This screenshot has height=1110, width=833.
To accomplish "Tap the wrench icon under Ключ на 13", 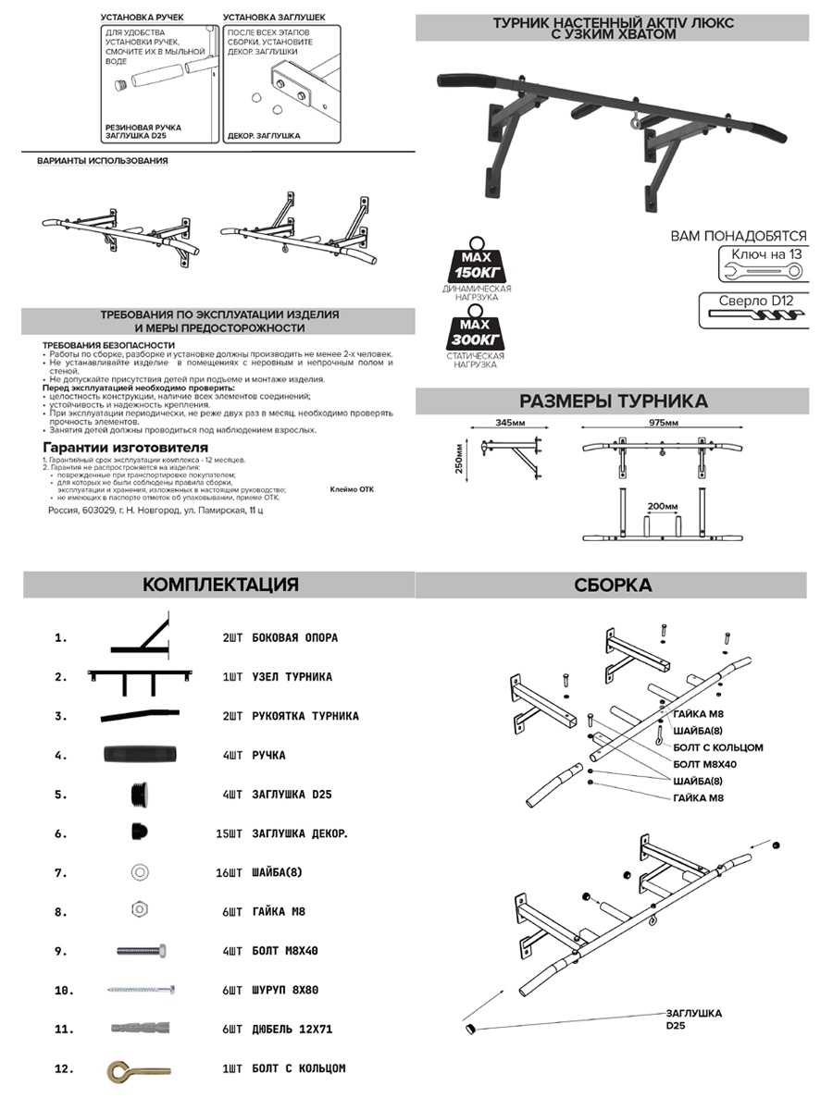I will click(x=761, y=271).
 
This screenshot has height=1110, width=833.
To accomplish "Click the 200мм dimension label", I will click(x=662, y=507).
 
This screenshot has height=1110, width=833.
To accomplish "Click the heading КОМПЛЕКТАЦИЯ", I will click(x=219, y=585).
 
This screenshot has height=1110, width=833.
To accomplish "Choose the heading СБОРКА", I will click(x=612, y=585).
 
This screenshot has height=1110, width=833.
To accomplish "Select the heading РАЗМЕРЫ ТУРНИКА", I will click(x=613, y=401).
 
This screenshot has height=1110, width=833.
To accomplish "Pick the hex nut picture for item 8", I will click(x=139, y=911).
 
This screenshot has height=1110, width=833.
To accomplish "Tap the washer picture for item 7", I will click(x=139, y=871).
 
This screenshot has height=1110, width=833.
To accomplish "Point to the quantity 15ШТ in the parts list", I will click(x=229, y=833).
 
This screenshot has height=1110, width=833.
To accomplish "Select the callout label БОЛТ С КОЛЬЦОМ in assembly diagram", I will click(x=718, y=746).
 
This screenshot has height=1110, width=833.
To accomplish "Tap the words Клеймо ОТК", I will click(x=352, y=492).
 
